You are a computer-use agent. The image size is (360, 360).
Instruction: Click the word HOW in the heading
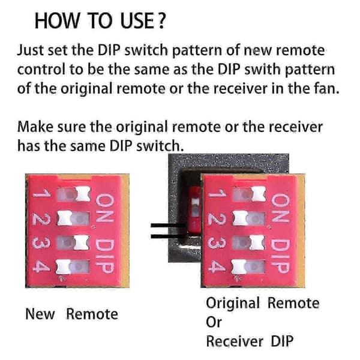[56, 21]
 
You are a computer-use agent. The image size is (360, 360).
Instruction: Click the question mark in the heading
[161, 21]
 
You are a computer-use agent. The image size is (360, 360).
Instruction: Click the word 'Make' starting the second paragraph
[35, 127]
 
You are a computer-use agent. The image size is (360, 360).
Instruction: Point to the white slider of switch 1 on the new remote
[83, 194]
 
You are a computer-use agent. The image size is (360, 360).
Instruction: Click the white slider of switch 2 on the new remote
[65, 218]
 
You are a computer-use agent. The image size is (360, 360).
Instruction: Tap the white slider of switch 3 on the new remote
[82, 242]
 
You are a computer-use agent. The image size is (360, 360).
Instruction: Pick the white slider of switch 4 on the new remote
[64, 267]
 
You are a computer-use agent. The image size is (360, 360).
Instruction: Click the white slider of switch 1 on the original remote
[259, 194]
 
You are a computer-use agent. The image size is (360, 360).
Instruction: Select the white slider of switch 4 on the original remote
[239, 267]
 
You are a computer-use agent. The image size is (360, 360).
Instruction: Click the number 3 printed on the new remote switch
[41, 243]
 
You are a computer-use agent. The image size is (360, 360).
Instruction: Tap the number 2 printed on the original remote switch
[217, 219]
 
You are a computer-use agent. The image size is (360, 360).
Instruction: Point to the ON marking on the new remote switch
[105, 208]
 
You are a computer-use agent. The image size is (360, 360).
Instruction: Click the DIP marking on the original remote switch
[280, 256]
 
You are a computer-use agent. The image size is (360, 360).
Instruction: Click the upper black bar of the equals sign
[168, 226]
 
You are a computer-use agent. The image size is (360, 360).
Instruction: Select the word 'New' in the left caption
[40, 314]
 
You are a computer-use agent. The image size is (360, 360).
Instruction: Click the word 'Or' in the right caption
[214, 322]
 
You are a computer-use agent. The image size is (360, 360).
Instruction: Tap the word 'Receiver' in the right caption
[235, 341]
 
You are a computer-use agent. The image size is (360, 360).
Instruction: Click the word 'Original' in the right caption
[233, 304]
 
